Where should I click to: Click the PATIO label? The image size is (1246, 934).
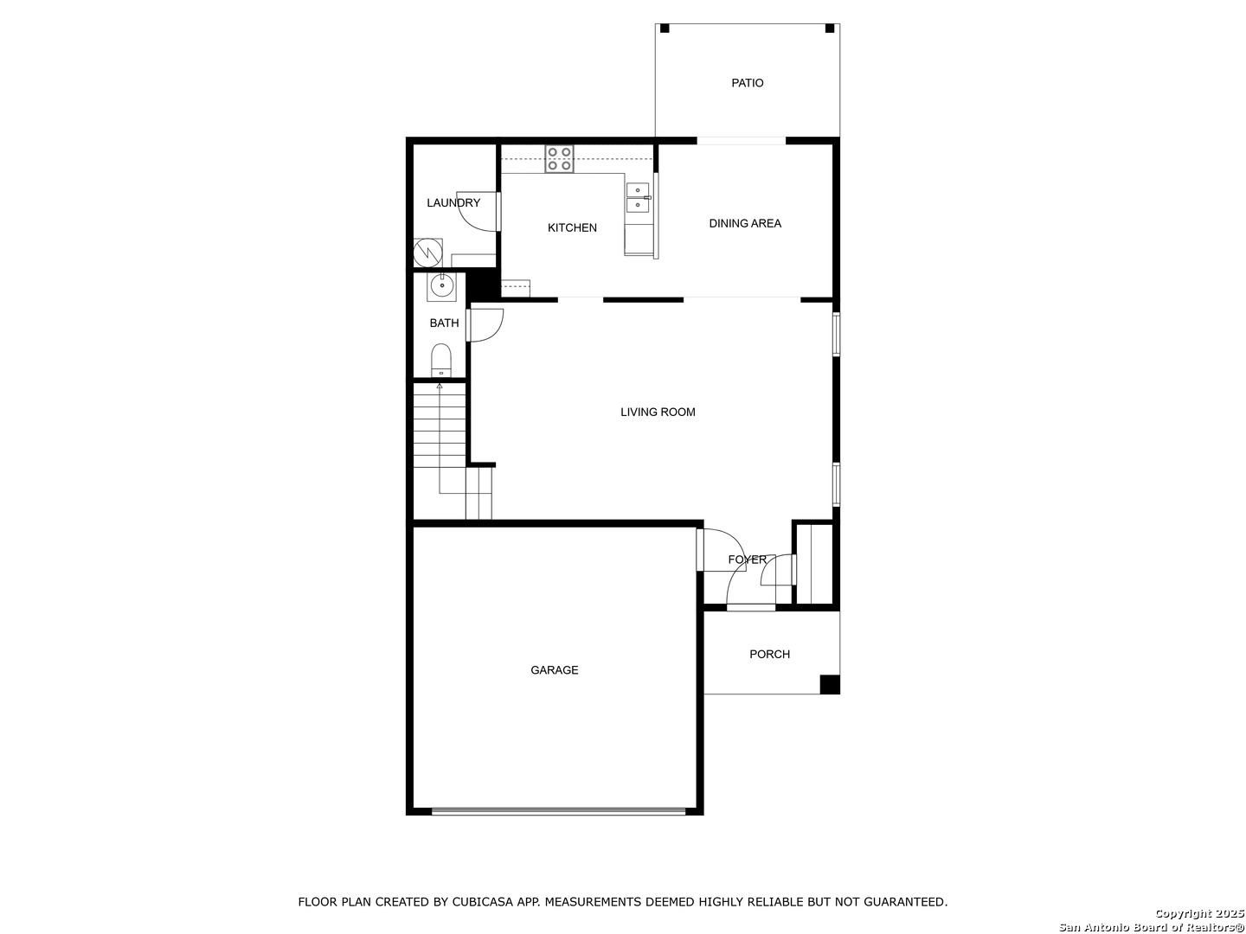coord(747,83)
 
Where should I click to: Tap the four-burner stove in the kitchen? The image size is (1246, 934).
coord(559,159)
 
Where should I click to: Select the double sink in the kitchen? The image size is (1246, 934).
coord(638,198)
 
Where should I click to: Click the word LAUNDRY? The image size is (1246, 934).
coord(453,202)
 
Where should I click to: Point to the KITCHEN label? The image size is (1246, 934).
coord(572,228)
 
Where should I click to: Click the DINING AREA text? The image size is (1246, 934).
coord(745,223)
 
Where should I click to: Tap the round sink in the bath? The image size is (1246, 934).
coord(441,287)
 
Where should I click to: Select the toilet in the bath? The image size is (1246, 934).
coord(441,360)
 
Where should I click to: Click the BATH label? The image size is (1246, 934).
coord(444,323)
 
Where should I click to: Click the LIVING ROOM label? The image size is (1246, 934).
coord(658,413)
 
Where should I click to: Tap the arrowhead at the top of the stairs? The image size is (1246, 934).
coord(440,387)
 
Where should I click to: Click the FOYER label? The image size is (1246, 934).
coord(747,560)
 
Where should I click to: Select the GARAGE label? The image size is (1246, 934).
coord(554,670)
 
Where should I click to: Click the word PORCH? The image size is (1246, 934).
coord(769,655)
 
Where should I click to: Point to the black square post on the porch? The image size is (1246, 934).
coord(829,684)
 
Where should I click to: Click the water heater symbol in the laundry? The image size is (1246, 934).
coord(427,253)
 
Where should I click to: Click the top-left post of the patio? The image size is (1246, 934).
coord(665,29)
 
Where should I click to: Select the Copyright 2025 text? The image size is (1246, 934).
coord(1199,913)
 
